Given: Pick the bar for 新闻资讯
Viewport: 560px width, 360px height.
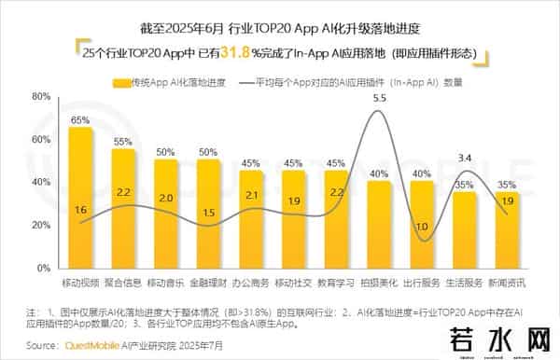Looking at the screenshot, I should point(507,229).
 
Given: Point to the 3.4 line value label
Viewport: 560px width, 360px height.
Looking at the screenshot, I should point(465,158).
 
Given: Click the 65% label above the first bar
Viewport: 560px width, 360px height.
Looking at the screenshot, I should point(80,119).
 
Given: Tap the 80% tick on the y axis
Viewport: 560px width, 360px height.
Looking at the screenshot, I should point(40,96).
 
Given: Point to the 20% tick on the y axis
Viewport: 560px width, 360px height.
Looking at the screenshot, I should point(40,225).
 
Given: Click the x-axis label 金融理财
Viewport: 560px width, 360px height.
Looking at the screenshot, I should point(208,281).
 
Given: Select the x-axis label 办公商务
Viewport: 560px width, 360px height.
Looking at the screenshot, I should point(251,281).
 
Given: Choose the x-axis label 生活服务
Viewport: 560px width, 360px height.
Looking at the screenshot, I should point(465,281).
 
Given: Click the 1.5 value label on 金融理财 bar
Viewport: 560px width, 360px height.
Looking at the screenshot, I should point(208,212).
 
